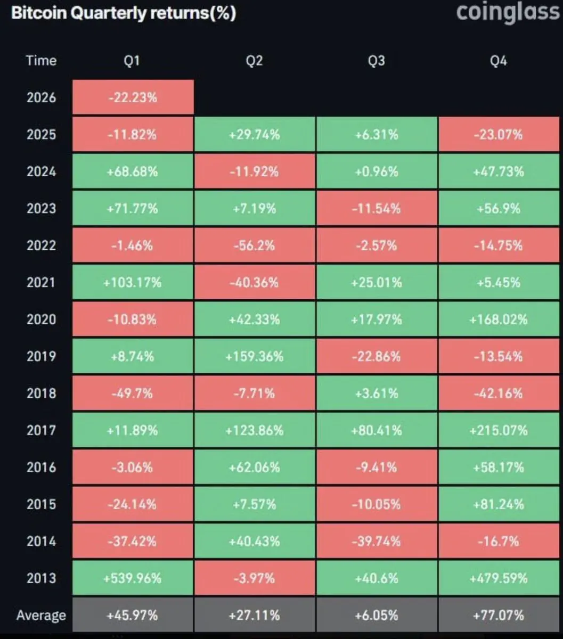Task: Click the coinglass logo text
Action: (508, 12)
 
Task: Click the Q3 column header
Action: (376, 61)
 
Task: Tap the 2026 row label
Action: (41, 97)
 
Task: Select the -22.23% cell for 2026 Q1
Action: (133, 97)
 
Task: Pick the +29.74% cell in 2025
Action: (254, 134)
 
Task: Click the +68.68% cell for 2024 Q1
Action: (133, 171)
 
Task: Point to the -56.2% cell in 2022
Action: (254, 245)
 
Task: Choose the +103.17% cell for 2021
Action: (133, 282)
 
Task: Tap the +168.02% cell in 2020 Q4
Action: (499, 319)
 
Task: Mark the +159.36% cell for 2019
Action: (254, 356)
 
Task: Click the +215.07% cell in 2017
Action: (499, 430)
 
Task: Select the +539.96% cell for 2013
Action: (133, 578)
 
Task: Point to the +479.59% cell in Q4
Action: (499, 578)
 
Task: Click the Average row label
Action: (41, 616)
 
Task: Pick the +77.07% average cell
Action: (499, 616)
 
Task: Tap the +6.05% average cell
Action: (376, 616)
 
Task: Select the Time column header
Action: (41, 61)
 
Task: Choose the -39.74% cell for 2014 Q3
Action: (376, 541)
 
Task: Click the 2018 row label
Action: (41, 394)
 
